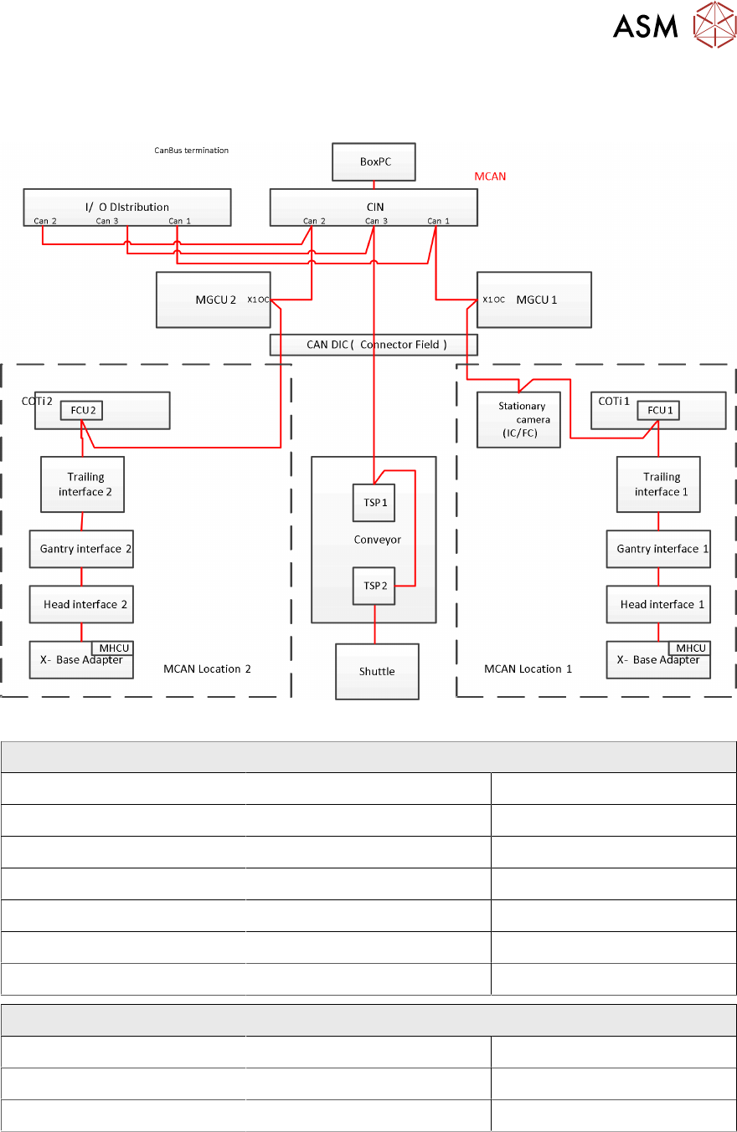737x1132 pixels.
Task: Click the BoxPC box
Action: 374,161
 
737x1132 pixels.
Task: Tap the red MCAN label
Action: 490,177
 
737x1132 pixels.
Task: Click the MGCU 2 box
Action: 213,299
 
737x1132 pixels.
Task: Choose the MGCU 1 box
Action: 533,299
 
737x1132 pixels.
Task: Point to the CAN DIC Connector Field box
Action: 374,344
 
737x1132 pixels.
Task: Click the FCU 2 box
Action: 81,411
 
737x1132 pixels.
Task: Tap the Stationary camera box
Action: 518,418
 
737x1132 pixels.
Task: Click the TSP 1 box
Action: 374,503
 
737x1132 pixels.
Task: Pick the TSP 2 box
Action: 374,586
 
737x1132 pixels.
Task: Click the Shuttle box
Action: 377,671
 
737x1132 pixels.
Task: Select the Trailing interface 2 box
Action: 82,484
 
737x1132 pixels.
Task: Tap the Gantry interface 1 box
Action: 658,549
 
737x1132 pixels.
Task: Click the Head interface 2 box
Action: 81,604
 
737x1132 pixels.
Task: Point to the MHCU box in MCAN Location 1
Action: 689,648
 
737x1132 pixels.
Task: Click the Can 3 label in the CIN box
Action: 376,221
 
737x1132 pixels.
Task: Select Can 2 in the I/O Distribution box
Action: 45,221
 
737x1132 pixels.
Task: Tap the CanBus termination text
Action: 191,151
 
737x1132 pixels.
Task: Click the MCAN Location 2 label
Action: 208,668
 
